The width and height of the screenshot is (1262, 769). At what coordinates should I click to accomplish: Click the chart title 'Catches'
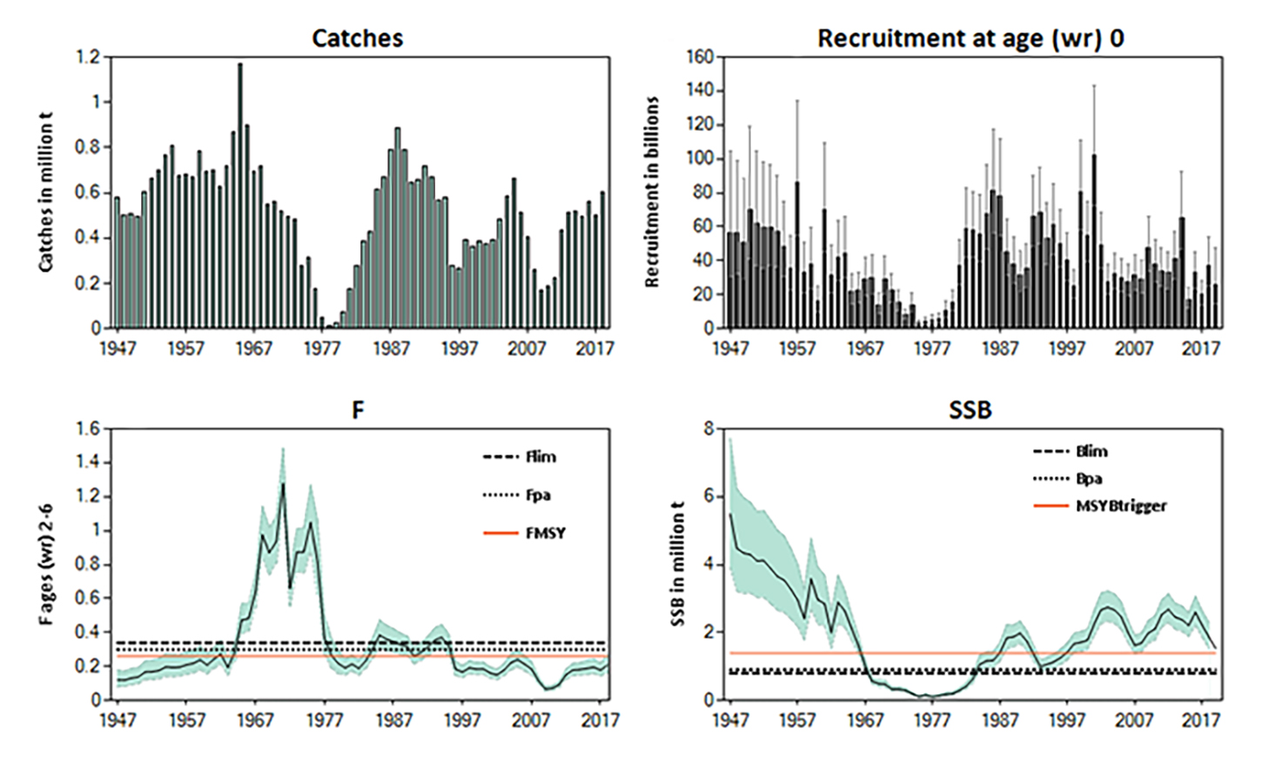(357, 38)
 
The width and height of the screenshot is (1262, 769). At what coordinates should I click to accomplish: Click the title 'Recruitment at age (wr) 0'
(970, 38)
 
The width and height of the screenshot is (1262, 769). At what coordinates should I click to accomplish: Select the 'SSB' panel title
(970, 410)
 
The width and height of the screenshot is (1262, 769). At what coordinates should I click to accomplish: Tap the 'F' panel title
(358, 410)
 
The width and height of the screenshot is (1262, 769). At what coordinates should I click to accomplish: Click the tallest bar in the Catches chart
(240, 196)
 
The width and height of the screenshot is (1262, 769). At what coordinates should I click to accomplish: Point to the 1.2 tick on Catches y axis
(90, 57)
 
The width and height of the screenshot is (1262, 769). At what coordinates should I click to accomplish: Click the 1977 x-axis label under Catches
(321, 348)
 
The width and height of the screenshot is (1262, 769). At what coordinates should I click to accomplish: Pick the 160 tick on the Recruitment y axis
(701, 57)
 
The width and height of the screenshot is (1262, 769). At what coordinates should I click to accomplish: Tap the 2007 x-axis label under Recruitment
(1134, 348)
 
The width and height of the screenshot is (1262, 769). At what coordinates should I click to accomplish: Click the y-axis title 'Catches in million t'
(46, 192)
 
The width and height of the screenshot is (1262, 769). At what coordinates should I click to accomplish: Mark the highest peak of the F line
(282, 484)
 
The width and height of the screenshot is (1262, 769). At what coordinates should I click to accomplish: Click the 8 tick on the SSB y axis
(708, 429)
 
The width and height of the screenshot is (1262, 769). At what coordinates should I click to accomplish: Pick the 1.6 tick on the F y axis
(90, 428)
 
